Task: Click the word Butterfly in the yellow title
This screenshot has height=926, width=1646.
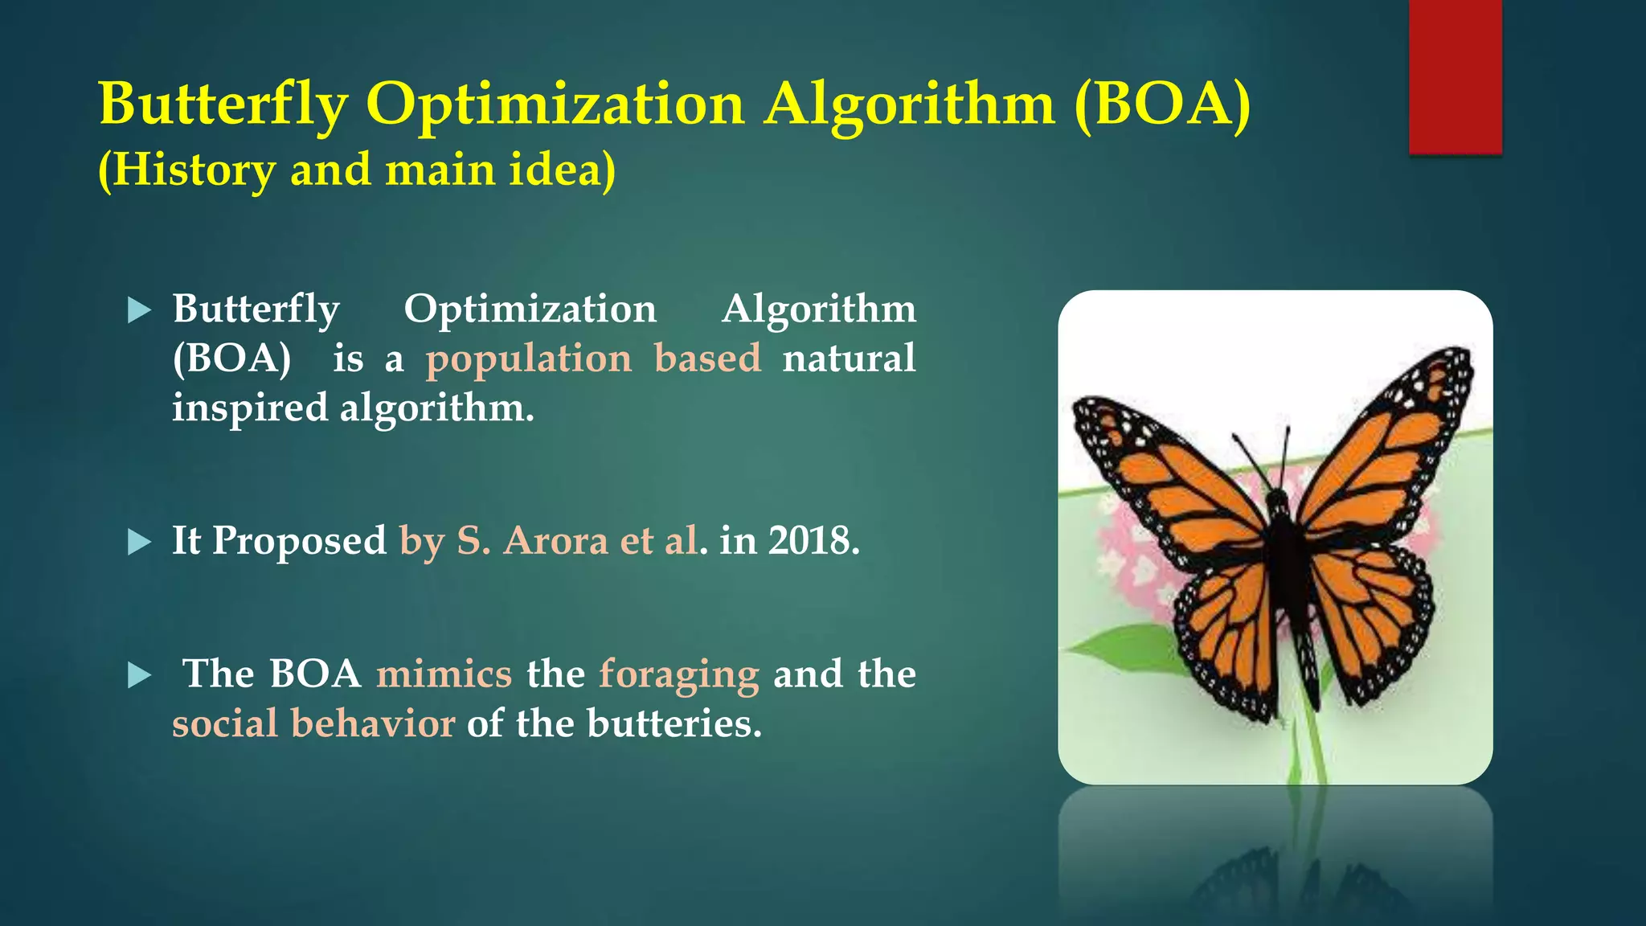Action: (x=223, y=104)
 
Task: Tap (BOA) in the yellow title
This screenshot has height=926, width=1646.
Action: (x=1162, y=104)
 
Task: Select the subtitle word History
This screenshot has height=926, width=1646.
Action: (x=194, y=170)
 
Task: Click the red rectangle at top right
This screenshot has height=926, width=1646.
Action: (x=1455, y=76)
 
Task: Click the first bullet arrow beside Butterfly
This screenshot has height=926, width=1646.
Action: (x=140, y=310)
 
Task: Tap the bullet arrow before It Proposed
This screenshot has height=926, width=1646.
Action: (x=140, y=543)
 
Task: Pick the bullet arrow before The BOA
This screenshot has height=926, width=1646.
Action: (x=140, y=676)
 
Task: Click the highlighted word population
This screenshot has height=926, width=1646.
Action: (x=529, y=359)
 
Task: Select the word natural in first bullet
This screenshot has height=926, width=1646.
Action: (x=849, y=359)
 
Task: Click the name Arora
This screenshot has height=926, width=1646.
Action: (x=555, y=540)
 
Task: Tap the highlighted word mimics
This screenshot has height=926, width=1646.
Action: (x=444, y=674)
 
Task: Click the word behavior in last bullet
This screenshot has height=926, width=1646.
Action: (x=373, y=723)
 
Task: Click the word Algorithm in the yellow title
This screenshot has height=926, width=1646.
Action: (x=909, y=104)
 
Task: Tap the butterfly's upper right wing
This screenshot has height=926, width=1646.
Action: (x=1390, y=450)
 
